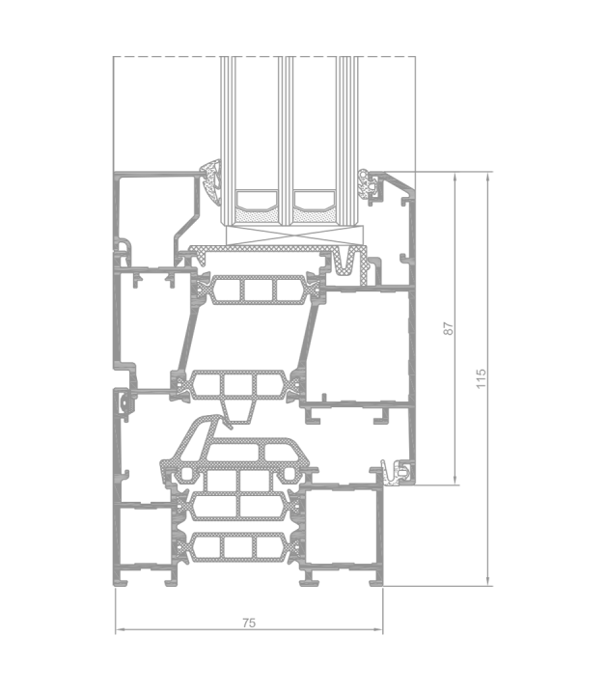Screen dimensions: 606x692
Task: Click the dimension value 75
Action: coord(249,623)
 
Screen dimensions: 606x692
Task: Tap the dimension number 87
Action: coord(448,328)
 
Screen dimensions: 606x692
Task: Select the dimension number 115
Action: coord(481,378)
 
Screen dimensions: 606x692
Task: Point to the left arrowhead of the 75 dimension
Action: coord(120,629)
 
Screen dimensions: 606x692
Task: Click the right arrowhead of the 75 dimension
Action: coord(378,629)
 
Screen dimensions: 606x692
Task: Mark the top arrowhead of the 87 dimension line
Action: coord(454,177)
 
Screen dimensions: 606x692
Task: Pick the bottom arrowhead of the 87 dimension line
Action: coord(454,481)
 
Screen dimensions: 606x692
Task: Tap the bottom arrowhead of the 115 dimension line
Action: coord(487,581)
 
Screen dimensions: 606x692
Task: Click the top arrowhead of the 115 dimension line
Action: coord(487,177)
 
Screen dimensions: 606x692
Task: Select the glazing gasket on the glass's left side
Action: coord(211,180)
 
